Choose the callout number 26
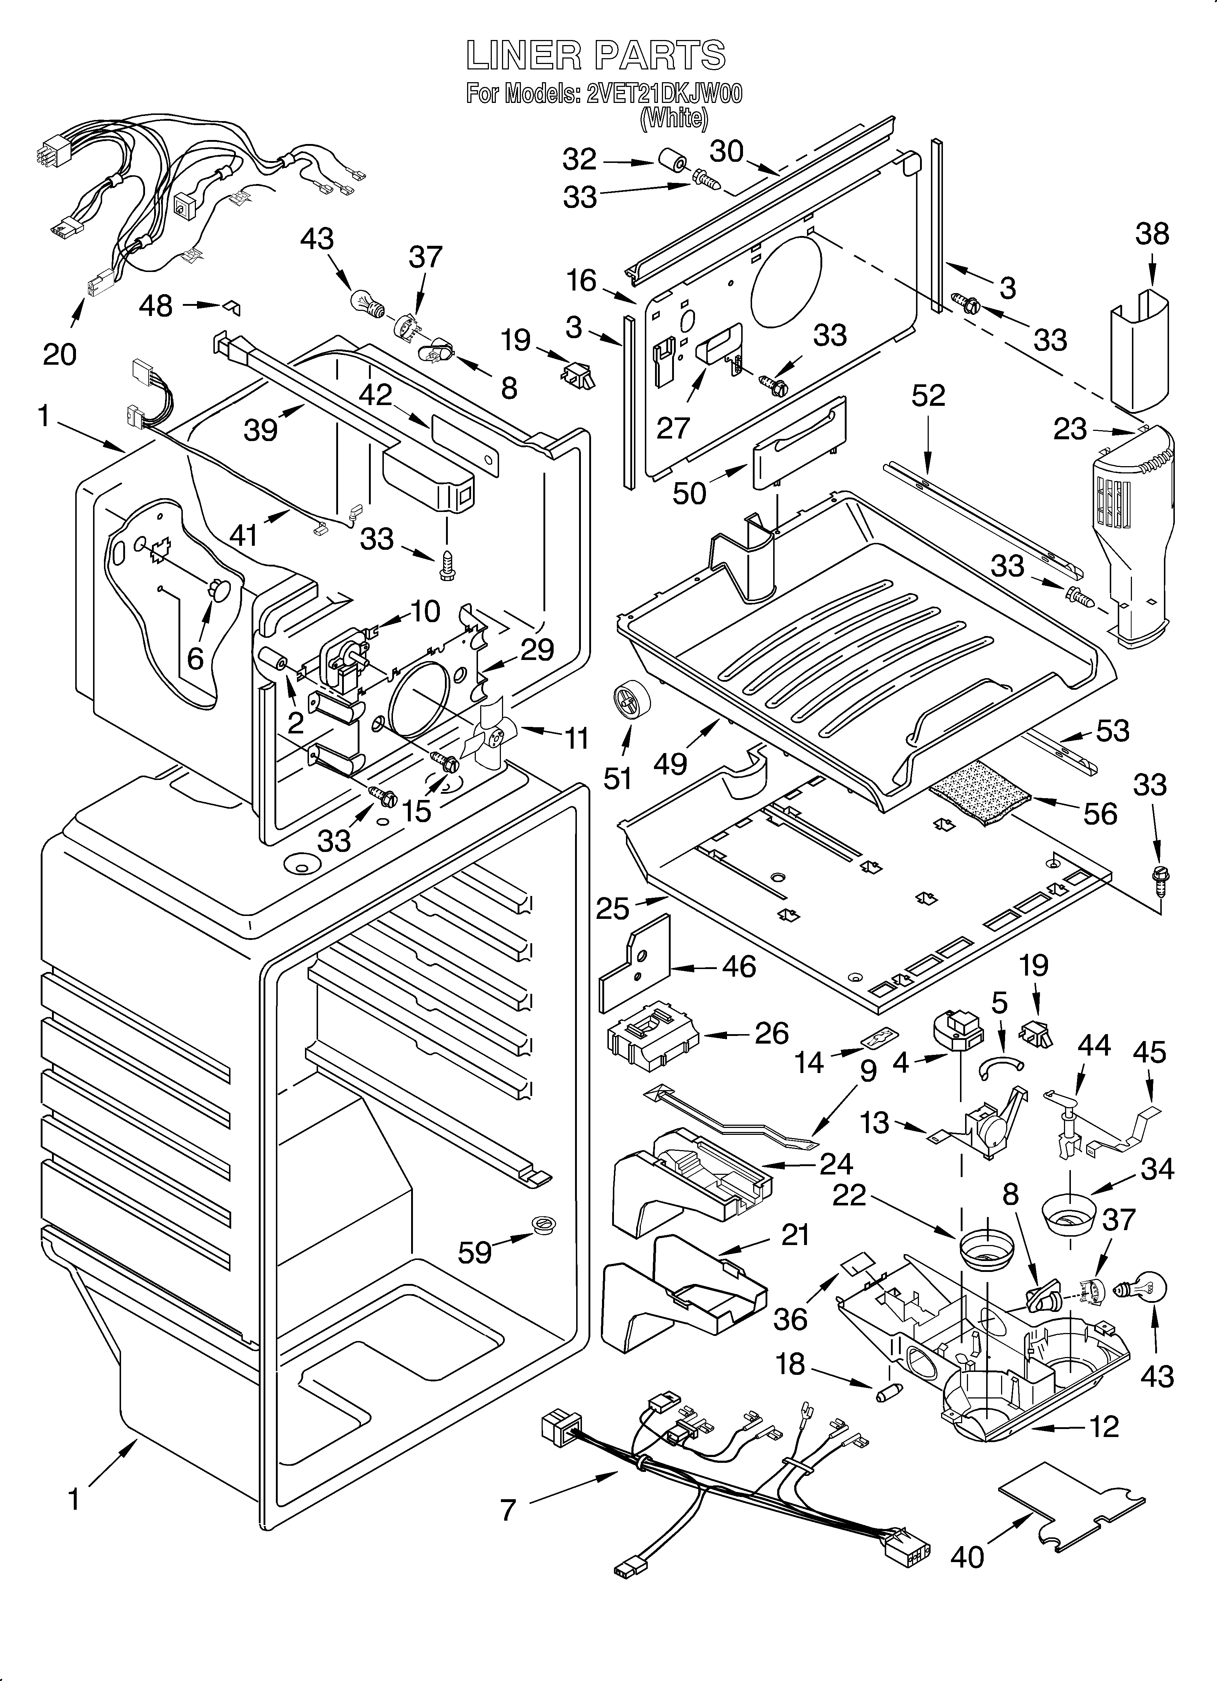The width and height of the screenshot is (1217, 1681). point(771,1033)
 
